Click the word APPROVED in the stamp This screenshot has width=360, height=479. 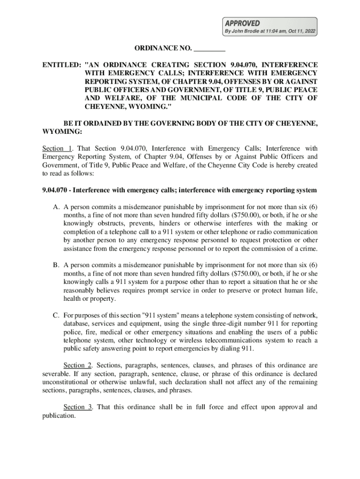(243, 23)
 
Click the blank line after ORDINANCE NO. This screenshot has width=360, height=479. (209, 49)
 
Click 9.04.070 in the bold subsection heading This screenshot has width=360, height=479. (56, 190)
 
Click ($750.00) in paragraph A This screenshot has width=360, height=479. (241, 215)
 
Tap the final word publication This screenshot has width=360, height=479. (58, 415)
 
